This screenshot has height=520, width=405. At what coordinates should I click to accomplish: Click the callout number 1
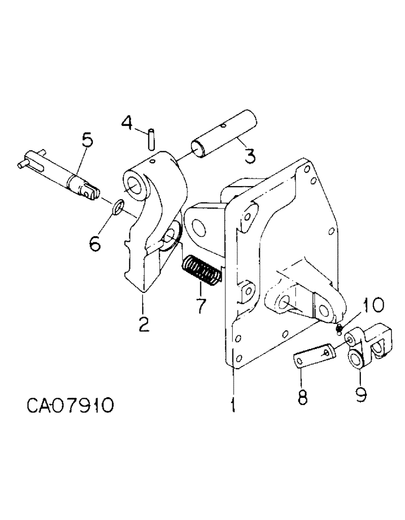[x=233, y=404]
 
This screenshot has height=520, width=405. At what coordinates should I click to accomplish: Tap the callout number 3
[x=250, y=154]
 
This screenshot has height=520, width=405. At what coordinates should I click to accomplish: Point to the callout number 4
[x=127, y=124]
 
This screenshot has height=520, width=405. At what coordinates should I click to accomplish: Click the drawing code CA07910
[x=69, y=405]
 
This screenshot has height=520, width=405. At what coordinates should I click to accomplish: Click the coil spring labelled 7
[x=202, y=271]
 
